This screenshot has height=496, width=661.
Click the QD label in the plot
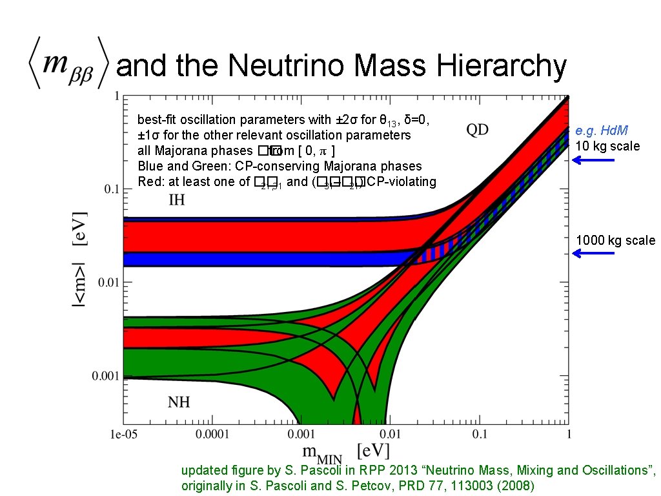pos(478,130)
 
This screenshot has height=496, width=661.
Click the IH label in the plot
pos(176,200)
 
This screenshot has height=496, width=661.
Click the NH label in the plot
pos(179,403)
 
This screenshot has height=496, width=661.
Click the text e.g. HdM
pos(602,132)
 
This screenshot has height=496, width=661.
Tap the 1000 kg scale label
pos(615,241)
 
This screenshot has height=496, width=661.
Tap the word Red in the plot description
pos(148,182)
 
